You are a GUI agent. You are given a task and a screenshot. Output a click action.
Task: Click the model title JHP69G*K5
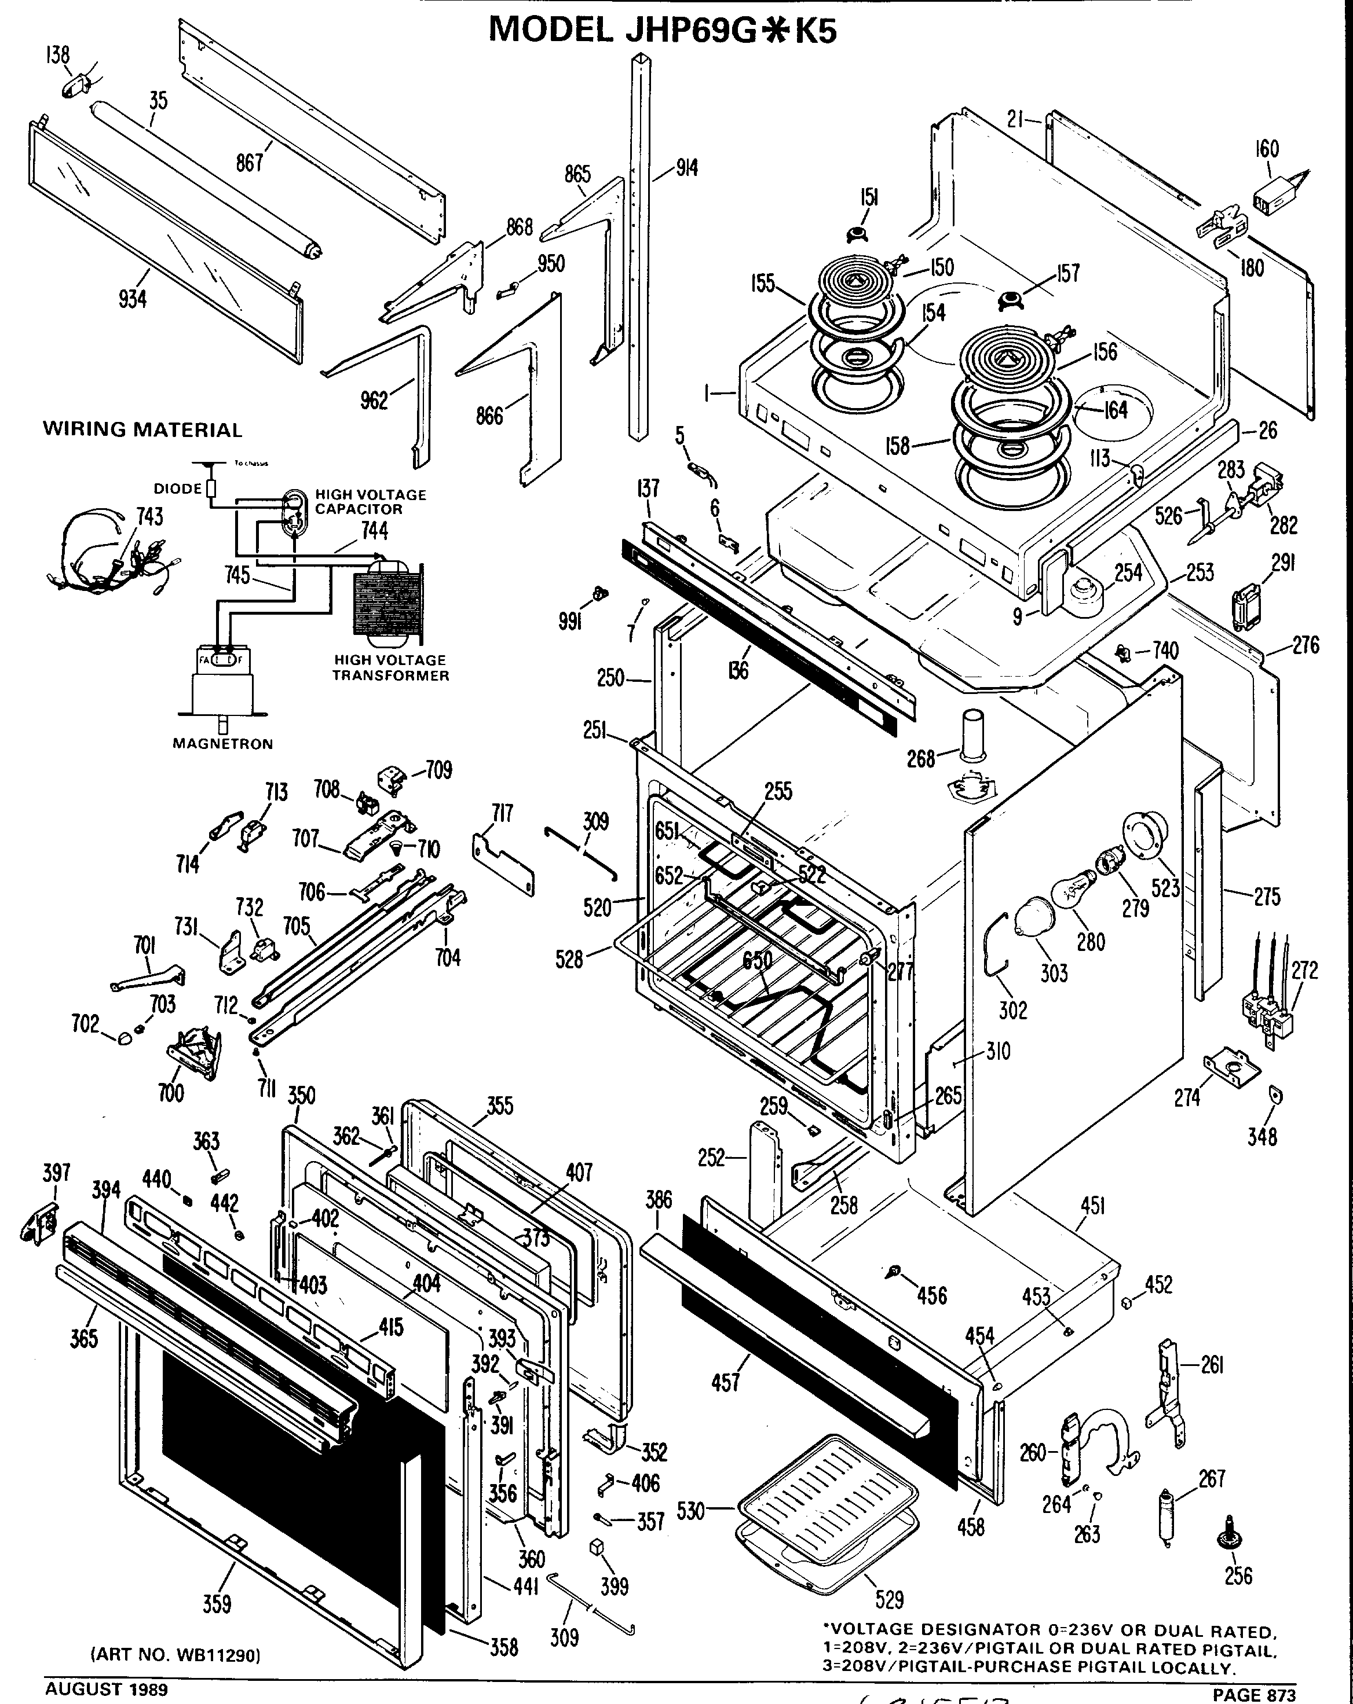662,30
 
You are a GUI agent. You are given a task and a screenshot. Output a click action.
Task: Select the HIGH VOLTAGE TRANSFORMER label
390,668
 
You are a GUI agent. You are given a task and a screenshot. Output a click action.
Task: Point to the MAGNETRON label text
222,744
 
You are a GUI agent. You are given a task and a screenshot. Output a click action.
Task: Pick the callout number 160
1267,149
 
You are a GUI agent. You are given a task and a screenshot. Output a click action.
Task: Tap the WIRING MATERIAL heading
142,430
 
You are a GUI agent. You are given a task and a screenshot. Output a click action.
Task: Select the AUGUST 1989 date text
106,1690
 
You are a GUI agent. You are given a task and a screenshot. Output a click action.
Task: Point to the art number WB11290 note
175,1654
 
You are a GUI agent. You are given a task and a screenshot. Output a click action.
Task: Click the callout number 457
725,1382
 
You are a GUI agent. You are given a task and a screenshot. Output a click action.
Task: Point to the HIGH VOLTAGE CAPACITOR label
370,502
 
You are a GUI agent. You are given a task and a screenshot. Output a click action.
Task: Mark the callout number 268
920,759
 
